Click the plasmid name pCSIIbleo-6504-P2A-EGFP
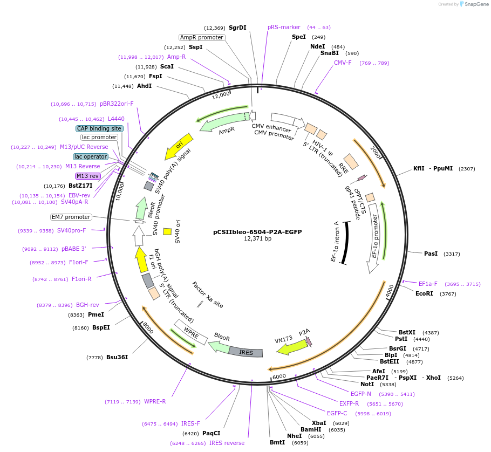(257, 232)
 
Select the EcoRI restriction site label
(425, 294)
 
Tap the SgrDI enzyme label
(237, 28)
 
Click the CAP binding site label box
(99, 128)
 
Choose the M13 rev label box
(87, 176)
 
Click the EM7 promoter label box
(71, 217)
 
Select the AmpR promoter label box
(201, 37)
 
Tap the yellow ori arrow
(178, 147)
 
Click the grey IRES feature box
(246, 352)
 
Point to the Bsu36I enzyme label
(117, 357)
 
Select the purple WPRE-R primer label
(155, 401)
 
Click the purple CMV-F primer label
(343, 63)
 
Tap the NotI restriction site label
(367, 385)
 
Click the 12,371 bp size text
(257, 238)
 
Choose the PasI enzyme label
(431, 253)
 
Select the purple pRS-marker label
(284, 27)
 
